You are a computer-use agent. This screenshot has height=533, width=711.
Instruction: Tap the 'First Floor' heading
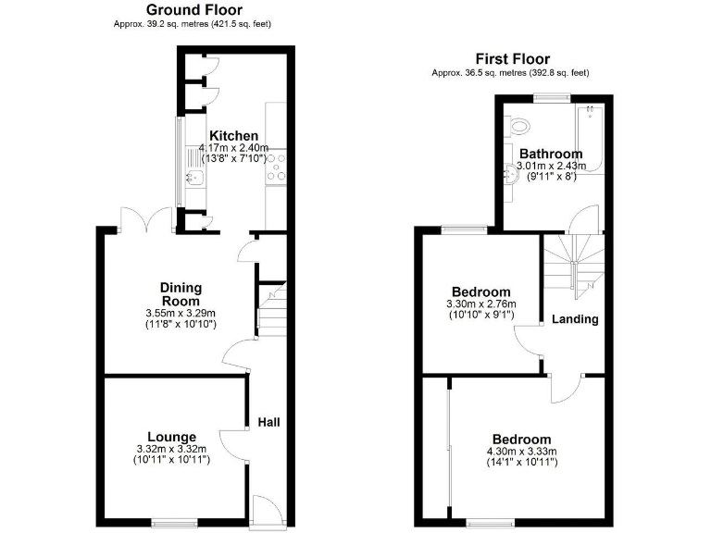(x=512, y=57)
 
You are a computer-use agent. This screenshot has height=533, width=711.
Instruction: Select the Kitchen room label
(x=232, y=136)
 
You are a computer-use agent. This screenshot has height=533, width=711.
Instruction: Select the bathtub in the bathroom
(x=590, y=139)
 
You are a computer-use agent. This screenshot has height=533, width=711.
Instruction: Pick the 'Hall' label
(x=268, y=422)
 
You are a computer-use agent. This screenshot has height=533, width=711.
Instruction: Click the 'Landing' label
(x=575, y=319)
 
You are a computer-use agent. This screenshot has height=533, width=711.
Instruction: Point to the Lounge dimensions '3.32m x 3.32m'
(x=171, y=450)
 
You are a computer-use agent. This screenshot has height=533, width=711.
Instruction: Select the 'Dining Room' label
(x=181, y=294)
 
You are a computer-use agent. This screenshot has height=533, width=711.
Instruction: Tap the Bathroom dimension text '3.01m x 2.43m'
(x=552, y=167)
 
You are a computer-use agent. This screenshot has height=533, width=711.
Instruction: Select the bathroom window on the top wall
(x=552, y=97)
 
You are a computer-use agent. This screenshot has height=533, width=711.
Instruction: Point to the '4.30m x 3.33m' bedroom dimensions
(x=521, y=452)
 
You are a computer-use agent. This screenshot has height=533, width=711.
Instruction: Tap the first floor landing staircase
(x=573, y=263)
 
